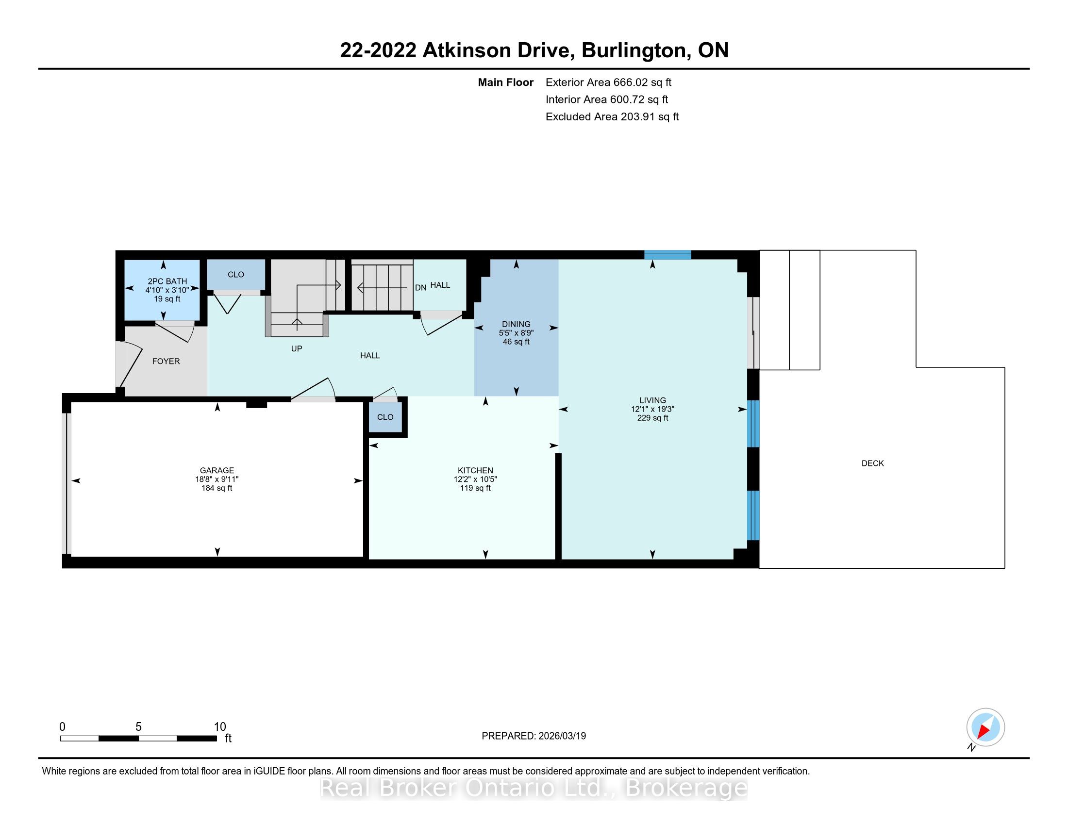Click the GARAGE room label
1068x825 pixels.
(217, 471)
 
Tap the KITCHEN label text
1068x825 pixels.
(475, 471)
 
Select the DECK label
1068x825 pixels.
(873, 463)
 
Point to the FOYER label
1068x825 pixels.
(166, 361)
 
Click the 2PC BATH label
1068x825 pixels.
(167, 281)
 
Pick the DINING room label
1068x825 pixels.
(516, 324)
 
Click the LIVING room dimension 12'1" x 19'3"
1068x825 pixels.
(653, 409)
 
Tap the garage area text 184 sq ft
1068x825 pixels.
(217, 488)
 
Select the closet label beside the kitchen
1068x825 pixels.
(385, 417)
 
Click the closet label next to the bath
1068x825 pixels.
(236, 275)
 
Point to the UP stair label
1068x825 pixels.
(297, 348)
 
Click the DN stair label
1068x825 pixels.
(420, 288)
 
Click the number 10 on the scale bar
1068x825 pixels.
(220, 727)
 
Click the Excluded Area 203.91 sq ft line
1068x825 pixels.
(612, 117)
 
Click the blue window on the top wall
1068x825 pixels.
(667, 255)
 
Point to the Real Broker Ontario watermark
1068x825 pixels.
(534, 788)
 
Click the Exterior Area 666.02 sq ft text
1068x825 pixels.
(609, 82)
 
